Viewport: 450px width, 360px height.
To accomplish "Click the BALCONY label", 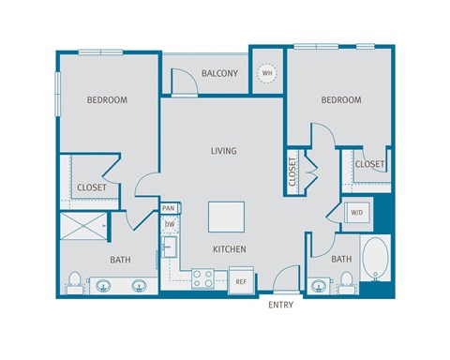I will pyautogui.click(x=219, y=73).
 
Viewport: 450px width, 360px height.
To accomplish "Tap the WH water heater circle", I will pyautogui.click(x=267, y=73).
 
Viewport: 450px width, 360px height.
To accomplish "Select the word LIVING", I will pyautogui.click(x=222, y=151).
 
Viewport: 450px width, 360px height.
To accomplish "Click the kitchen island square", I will pyautogui.click(x=226, y=217).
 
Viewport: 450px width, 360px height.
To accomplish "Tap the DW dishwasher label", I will pyautogui.click(x=170, y=225).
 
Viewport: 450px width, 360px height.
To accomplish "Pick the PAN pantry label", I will pyautogui.click(x=169, y=208).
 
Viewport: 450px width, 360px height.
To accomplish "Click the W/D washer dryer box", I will pyautogui.click(x=356, y=212).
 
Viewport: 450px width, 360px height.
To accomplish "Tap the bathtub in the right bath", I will pyautogui.click(x=376, y=260).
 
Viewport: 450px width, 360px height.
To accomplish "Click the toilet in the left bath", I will pyautogui.click(x=74, y=280).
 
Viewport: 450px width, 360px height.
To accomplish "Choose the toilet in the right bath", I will pyautogui.click(x=345, y=280).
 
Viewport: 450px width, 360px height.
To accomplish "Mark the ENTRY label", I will pyautogui.click(x=281, y=306).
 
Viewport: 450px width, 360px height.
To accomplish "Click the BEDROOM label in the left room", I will pyautogui.click(x=107, y=99).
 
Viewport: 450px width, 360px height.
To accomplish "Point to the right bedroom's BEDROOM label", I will pyautogui.click(x=341, y=99).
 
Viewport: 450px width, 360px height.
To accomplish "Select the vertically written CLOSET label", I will pyautogui.click(x=293, y=172).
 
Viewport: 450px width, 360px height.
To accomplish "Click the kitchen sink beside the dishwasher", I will pyautogui.click(x=172, y=248).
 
